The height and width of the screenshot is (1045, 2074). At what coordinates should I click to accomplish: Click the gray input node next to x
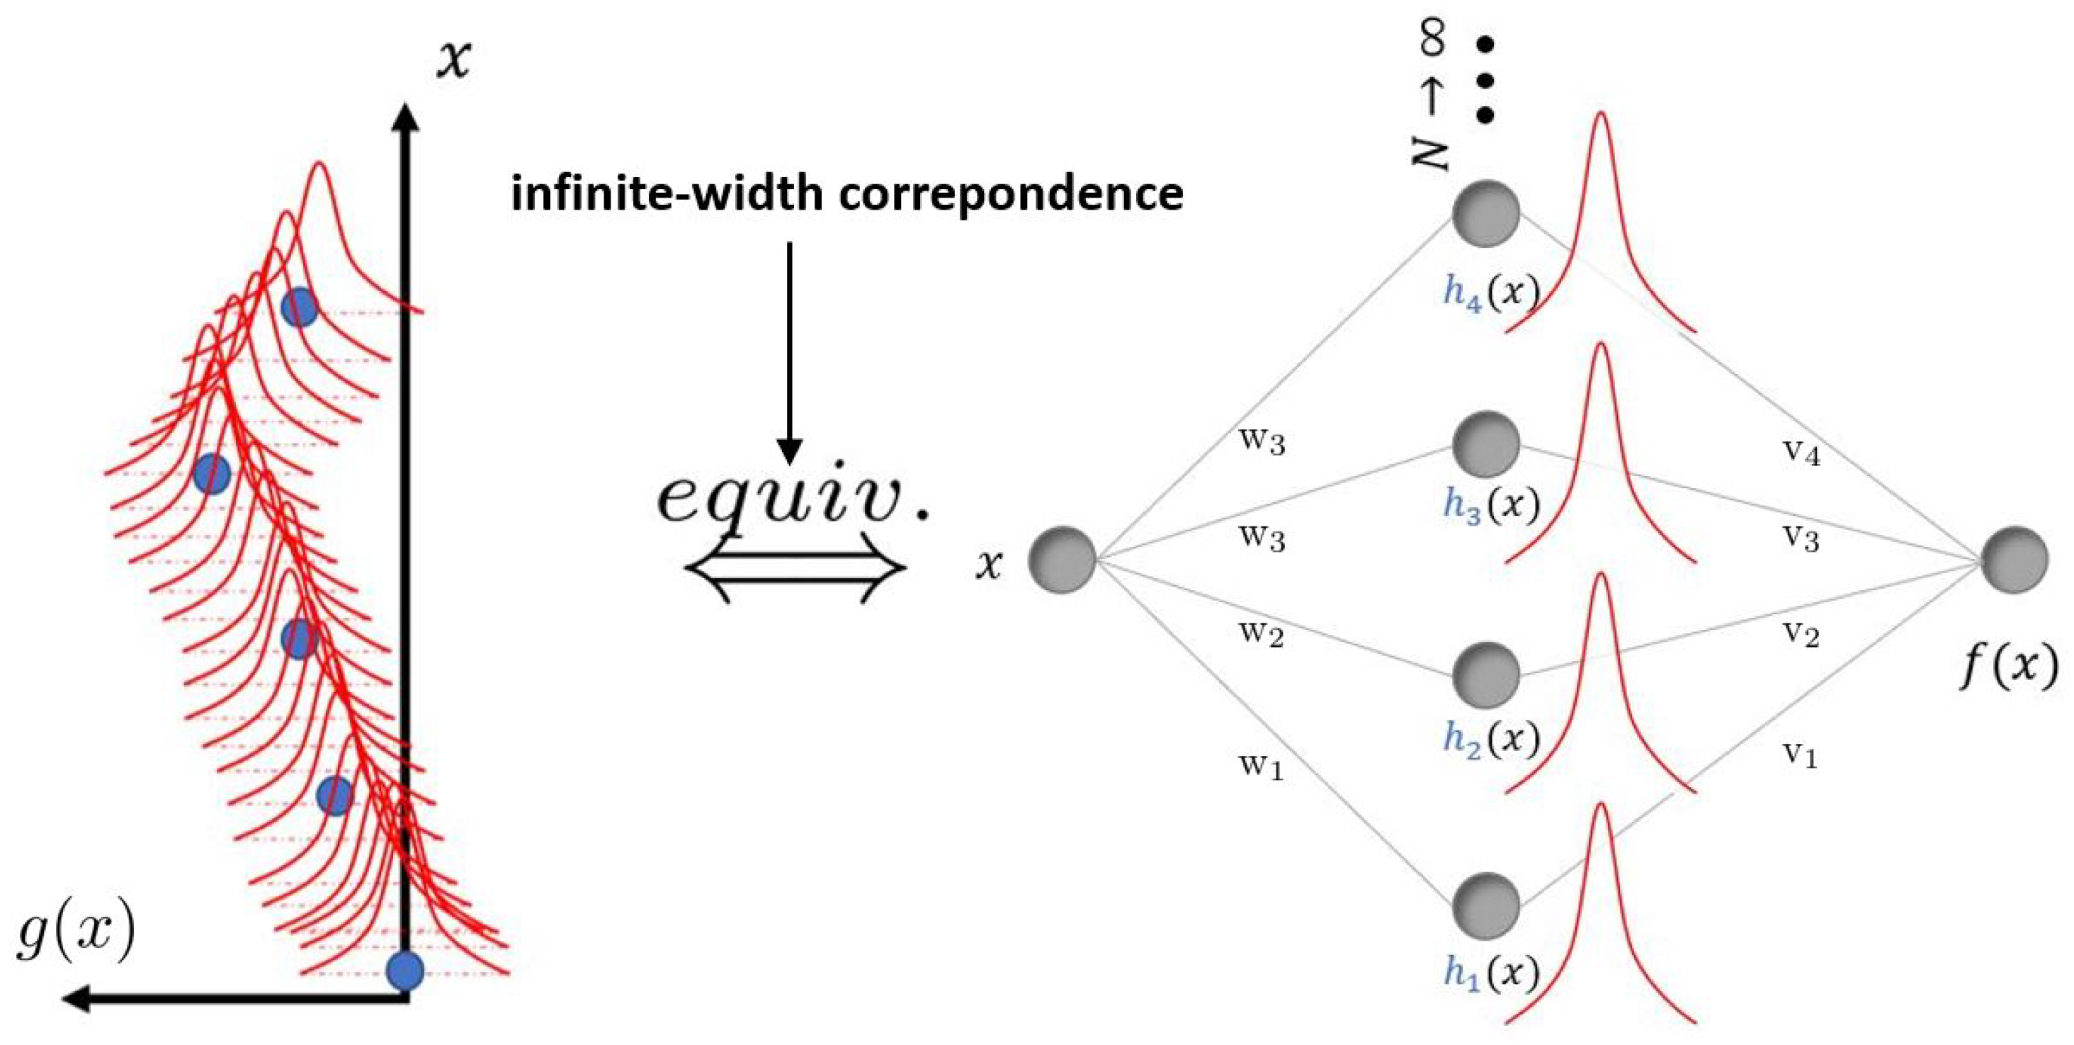tap(1062, 560)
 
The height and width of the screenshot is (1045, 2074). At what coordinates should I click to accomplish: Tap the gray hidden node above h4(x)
tap(1486, 213)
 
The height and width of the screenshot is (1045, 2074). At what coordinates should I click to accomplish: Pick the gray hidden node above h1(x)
tap(1486, 905)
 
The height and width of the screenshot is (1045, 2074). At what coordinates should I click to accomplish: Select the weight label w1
tap(1261, 766)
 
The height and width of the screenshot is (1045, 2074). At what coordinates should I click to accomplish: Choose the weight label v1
tap(1799, 755)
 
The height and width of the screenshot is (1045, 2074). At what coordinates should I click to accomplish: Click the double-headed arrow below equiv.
tap(795, 568)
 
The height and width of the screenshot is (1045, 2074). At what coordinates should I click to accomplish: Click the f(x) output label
tap(2008, 667)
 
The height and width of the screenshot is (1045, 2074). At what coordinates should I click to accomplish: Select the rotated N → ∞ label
tap(1432, 96)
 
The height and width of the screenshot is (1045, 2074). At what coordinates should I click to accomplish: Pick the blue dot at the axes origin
tap(405, 970)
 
